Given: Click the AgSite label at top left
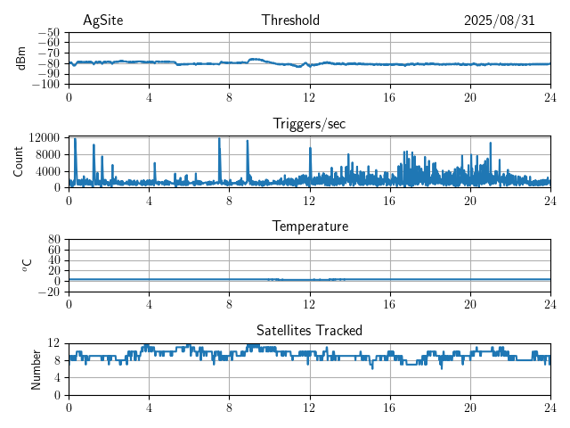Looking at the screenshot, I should pos(103,21).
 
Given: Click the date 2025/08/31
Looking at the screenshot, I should pos(499,21).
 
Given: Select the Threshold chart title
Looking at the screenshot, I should pos(290,21).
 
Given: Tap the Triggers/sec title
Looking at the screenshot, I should pos(309,124).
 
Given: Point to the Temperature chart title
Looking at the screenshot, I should pos(309,226).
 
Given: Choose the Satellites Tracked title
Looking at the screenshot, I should pos(309,330).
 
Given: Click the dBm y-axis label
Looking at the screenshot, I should pos(21,58).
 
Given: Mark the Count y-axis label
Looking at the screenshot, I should pos(19,161).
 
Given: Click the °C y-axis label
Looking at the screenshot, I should pos(27,265).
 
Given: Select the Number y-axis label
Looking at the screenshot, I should pos(37,368).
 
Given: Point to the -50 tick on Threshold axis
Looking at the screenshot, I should pos(48,32).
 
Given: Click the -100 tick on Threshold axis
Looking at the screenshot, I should pos(45,85).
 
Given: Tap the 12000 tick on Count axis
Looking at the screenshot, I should pos(44,138).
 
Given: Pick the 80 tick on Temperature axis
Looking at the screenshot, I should pos(54,240).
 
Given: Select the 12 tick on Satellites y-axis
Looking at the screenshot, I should pos(54,343).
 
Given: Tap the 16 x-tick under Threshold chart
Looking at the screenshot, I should pos(389,97).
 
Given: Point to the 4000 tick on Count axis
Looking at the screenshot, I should pos(47,171).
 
